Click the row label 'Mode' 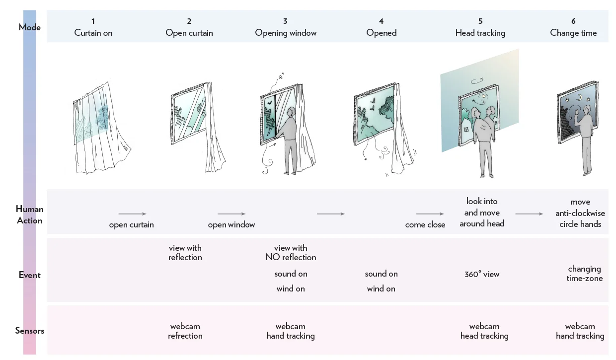tap(29, 27)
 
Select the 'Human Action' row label tap(29, 215)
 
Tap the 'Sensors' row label tap(29, 331)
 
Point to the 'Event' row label tap(29, 275)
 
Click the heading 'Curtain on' tap(93, 33)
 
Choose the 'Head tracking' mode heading tap(480, 33)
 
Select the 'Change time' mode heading tap(573, 33)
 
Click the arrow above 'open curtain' tap(133, 214)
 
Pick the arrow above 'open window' tap(231, 214)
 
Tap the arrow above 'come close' tap(430, 214)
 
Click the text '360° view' tap(482, 274)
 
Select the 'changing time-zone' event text tap(584, 274)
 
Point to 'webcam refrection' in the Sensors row tap(185, 331)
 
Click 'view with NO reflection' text tap(291, 253)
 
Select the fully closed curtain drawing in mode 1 tap(99, 129)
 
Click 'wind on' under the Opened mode tap(381, 288)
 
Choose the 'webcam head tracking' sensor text tap(484, 331)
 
